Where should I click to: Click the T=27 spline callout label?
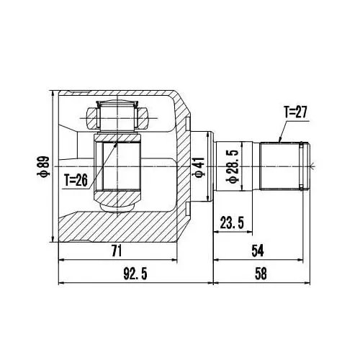coord(295,112)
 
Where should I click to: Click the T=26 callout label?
coord(76,180)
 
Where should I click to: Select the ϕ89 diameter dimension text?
coord(43,166)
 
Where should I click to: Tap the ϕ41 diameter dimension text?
coord(199,167)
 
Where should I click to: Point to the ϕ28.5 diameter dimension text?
coord(233,166)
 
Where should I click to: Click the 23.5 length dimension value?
coord(232,222)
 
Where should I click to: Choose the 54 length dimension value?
coord(258,251)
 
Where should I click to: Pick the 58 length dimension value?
coord(261,274)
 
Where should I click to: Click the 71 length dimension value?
coord(117,251)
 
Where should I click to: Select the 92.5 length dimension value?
coord(135,274)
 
